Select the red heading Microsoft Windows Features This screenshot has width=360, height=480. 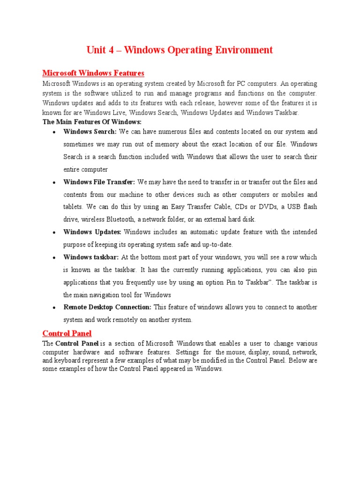[x=93, y=73]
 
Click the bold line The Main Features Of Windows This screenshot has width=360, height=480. [x=92, y=121]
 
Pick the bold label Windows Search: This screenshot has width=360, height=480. [x=90, y=132]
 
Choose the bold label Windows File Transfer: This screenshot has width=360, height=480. [x=99, y=182]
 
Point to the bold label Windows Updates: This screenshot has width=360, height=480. [x=92, y=232]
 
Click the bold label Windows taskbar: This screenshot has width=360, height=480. [x=91, y=257]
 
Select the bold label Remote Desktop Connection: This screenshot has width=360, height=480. [x=107, y=307]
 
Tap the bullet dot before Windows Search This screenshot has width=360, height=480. [x=55, y=132]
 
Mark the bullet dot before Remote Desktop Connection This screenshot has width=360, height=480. [x=55, y=308]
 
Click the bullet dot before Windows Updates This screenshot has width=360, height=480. [x=55, y=232]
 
